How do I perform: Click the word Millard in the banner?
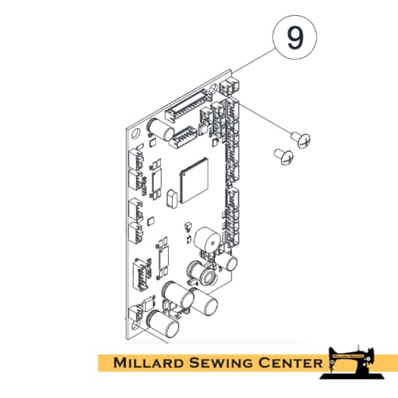pos(149,363)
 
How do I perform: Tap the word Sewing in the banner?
pos(220,363)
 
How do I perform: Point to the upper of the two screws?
pos(301,139)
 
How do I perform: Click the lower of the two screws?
pos(284,156)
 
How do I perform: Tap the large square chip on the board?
pos(193,181)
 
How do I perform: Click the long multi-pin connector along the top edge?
pos(189,106)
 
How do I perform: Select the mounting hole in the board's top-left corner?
pos(136,133)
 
